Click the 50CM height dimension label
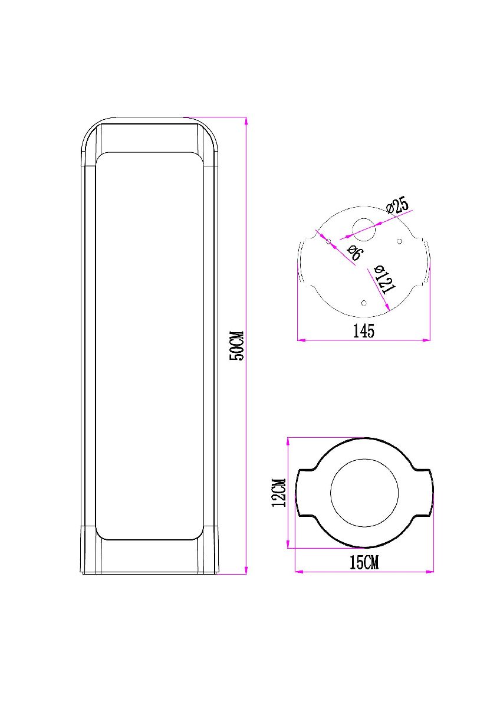point(236,345)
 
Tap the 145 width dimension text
point(364,331)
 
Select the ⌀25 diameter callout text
point(398,206)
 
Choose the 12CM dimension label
point(279,493)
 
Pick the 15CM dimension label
point(364,562)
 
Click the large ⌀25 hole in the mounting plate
point(363,230)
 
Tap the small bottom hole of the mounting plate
point(363,303)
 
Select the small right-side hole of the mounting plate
point(399,241)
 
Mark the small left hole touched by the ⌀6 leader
point(328,241)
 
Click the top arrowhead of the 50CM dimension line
point(246,120)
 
